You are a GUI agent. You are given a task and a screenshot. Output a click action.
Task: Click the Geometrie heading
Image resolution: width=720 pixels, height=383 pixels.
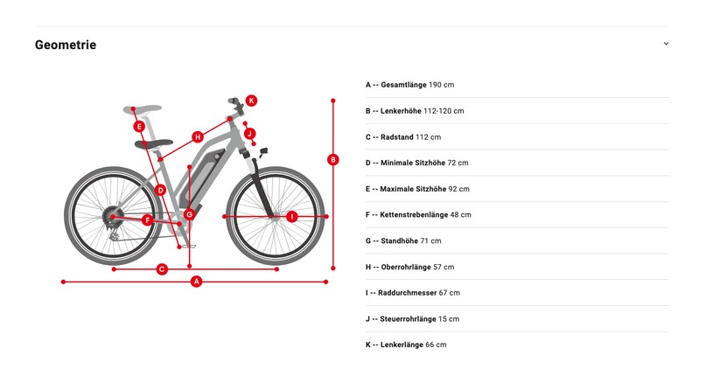[66, 45]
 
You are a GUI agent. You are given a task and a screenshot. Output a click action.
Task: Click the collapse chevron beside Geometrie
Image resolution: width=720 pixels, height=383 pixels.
[666, 44]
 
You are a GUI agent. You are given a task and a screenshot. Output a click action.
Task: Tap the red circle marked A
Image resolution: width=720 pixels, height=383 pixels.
[197, 282]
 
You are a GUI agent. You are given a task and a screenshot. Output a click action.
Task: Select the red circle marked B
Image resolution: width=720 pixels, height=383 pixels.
[333, 160]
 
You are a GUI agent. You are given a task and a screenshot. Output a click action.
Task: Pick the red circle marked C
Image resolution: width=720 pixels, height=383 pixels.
[162, 269]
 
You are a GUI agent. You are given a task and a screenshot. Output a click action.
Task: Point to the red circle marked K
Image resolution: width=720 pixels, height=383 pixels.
[251, 101]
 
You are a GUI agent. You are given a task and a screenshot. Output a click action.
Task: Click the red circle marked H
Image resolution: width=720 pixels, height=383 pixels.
[198, 137]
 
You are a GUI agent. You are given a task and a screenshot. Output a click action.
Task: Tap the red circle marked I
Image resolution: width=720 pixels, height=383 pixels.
[291, 216]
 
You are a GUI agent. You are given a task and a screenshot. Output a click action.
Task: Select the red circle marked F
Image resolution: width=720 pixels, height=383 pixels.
[147, 220]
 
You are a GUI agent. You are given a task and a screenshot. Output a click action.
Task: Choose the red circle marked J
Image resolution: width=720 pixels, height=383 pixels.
[250, 134]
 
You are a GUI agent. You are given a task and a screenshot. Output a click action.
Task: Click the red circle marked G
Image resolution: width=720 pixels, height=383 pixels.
[189, 214]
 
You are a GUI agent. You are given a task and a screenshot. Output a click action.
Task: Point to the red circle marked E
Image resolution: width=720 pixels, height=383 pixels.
[139, 126]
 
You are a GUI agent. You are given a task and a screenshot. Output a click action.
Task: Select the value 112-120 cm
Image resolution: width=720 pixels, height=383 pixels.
[444, 111]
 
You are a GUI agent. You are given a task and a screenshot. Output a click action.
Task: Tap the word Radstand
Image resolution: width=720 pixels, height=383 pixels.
[396, 137]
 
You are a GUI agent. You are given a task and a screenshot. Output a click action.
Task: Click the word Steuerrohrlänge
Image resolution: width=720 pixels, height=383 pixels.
[408, 318]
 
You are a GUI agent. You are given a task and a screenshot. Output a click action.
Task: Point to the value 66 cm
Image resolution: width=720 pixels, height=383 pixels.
[436, 345]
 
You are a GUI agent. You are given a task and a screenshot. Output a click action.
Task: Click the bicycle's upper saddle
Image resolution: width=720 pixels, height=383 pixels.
[143, 109]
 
